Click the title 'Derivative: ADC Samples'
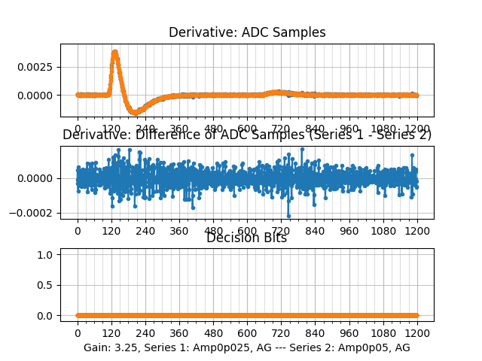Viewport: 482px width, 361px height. [x=247, y=32]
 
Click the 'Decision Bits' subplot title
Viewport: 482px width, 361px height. [x=247, y=238]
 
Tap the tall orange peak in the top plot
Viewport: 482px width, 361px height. [x=114, y=53]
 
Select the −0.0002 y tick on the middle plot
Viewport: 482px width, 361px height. [x=35, y=213]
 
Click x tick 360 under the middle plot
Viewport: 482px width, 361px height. [x=179, y=230]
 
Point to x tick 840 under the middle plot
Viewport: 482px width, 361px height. [x=315, y=230]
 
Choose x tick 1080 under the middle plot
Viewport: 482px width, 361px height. [x=383, y=230]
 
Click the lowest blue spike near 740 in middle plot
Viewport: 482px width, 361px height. [x=288, y=216]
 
